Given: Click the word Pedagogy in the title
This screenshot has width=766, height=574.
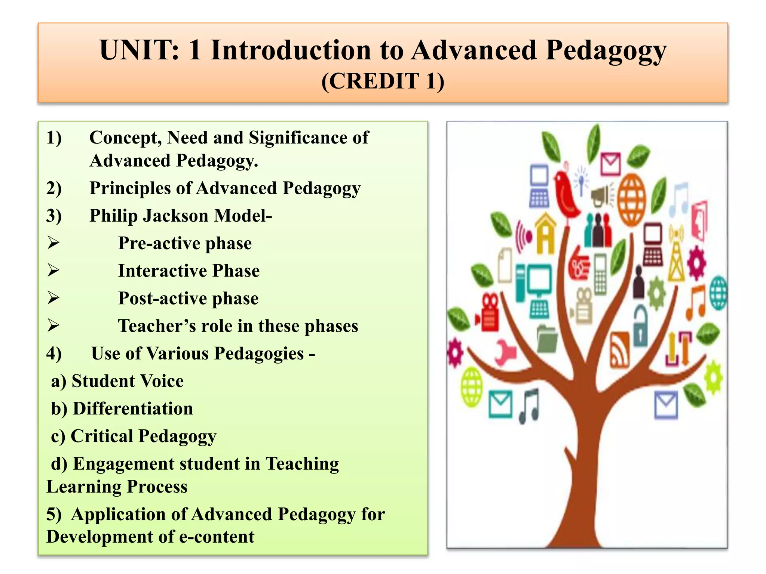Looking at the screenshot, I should [x=606, y=51].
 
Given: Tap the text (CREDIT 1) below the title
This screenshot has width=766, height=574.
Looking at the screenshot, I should [x=383, y=81].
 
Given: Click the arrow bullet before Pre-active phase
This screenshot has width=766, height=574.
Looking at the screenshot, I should [x=53, y=243].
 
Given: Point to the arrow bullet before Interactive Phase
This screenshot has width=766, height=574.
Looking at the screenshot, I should [x=53, y=271].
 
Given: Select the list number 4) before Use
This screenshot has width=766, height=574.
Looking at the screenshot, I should [x=54, y=354].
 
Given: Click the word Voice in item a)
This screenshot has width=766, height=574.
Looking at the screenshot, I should [x=161, y=381].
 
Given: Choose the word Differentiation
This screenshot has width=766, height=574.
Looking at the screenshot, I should [x=133, y=409].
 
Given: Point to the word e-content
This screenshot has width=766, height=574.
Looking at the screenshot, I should [x=217, y=537].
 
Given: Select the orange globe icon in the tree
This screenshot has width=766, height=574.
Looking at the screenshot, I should [x=631, y=200].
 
